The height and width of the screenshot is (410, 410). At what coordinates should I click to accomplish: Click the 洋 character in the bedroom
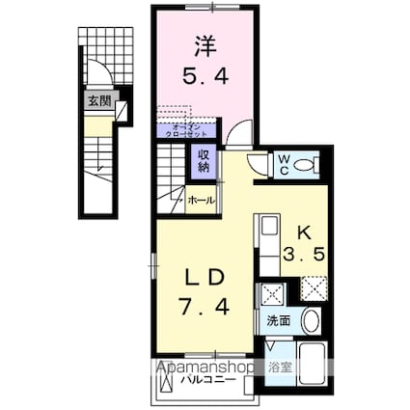tap(204, 44)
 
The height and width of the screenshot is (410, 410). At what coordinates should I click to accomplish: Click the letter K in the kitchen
tap(301, 232)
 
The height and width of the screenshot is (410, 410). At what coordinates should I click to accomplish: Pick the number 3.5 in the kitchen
tap(301, 257)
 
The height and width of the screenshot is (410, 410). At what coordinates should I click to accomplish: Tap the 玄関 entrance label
tap(99, 97)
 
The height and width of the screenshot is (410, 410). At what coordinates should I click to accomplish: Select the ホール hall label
tap(202, 201)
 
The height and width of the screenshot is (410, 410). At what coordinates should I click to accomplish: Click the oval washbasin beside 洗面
tap(311, 319)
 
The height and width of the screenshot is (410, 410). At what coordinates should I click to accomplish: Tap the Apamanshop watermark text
tap(201, 368)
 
